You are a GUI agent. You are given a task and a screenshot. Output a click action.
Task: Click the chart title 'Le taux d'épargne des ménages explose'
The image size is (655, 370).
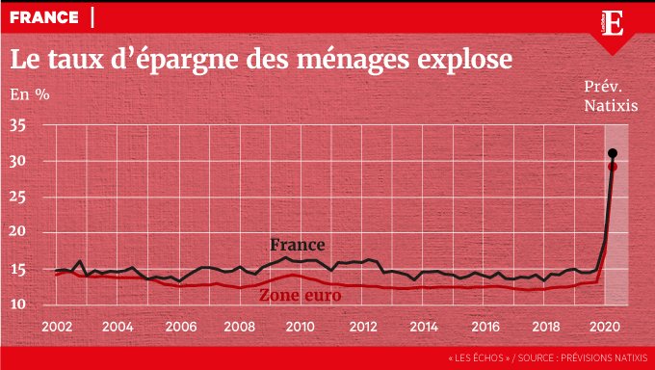(260, 59)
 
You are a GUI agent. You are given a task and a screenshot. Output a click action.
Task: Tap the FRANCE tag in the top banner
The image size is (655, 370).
(44, 17)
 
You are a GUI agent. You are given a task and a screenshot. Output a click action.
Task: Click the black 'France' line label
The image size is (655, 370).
(297, 245)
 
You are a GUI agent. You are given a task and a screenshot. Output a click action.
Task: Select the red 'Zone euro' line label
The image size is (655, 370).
(301, 296)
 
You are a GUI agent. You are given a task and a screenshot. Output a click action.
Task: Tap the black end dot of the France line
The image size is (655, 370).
(613, 153)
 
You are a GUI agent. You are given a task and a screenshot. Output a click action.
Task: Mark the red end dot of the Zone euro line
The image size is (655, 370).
(613, 167)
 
